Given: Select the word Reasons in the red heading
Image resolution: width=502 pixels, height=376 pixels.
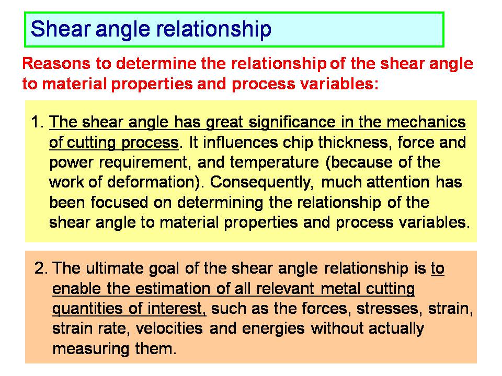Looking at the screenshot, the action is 56,63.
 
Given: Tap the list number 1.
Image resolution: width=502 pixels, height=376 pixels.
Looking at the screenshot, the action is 37,122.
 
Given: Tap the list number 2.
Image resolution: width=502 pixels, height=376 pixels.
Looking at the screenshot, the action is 41,268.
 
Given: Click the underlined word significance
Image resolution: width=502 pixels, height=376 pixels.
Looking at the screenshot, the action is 292,123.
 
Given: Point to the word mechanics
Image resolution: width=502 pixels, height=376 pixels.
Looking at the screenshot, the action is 426,122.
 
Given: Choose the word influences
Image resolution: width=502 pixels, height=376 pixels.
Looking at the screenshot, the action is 240,142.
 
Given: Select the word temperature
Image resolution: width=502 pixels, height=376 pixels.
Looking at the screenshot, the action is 274,163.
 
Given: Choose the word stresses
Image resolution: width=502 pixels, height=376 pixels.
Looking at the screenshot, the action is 387,309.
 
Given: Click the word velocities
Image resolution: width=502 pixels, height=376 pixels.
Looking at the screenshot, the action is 169,328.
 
